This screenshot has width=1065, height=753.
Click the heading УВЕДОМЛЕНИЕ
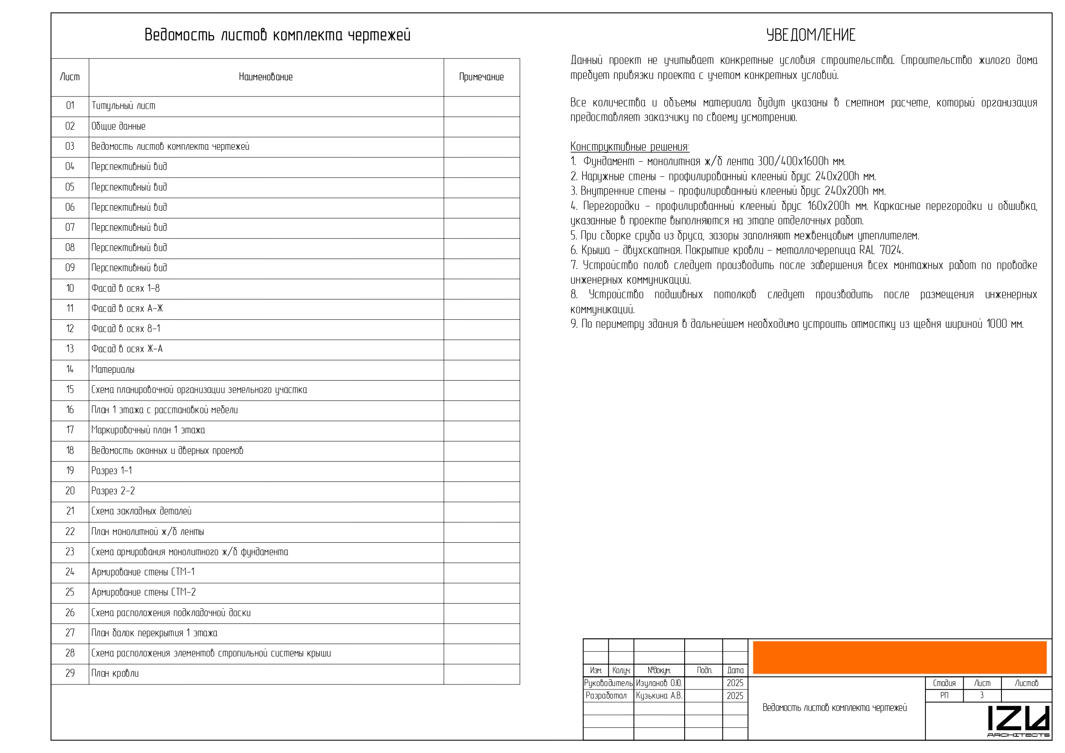[x=810, y=35]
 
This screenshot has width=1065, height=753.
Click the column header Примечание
[x=481, y=77]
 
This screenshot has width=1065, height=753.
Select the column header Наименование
[x=265, y=77]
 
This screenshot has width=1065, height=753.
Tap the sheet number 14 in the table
[x=70, y=369]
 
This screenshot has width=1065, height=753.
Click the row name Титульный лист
[x=123, y=106]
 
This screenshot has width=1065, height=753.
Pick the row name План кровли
[x=115, y=673]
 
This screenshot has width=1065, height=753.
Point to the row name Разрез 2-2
[x=113, y=490]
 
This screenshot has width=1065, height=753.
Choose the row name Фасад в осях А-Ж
[x=127, y=308]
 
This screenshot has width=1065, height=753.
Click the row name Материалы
[x=113, y=369]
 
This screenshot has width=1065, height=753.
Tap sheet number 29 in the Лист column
[x=70, y=673]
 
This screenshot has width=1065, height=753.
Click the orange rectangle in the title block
[x=899, y=657]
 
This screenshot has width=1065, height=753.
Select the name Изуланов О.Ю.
[x=658, y=683]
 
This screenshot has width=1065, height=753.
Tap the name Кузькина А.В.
[x=658, y=696]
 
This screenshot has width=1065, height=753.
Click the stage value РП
[x=944, y=696]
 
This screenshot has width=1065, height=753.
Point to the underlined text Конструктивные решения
[x=629, y=147]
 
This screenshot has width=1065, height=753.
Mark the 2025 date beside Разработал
[x=735, y=696]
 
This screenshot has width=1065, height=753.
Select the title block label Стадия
[x=944, y=683]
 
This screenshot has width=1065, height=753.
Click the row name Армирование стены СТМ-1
[x=143, y=572]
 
